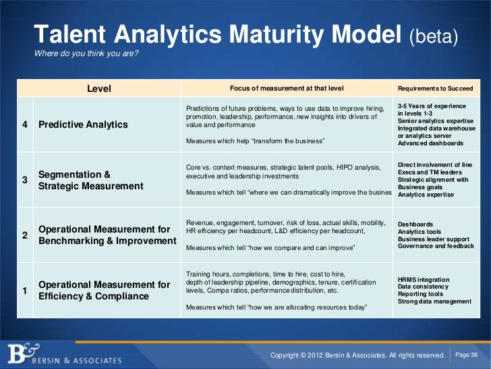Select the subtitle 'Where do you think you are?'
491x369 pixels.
pos(86,54)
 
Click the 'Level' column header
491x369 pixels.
pos(99,89)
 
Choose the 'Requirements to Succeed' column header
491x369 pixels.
pos(436,89)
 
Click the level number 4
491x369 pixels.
pos(25,124)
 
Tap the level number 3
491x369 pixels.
pos(25,180)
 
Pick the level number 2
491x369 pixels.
pos(25,235)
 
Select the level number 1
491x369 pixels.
pos(25,291)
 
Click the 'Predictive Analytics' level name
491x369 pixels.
pos(83,124)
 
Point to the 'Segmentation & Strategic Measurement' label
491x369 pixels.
pos(91,180)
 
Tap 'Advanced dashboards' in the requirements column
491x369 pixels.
pos(430,143)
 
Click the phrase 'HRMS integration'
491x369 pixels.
pos(424,279)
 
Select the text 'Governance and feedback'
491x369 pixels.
pos(434,246)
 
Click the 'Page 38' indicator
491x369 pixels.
pos(467,355)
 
